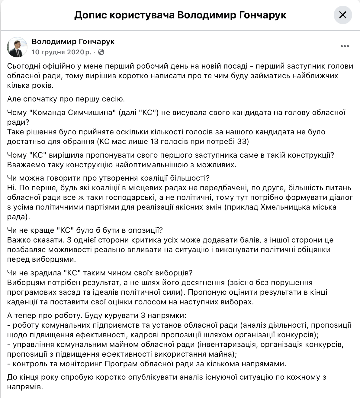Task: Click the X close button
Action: pos(342,15)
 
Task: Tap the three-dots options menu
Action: pos(345,46)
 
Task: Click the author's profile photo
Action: pos(17,47)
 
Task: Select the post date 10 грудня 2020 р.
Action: pos(61,52)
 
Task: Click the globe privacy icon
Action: pos(101,52)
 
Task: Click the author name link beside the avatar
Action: pos(73,41)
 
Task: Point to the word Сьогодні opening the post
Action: pos(25,66)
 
